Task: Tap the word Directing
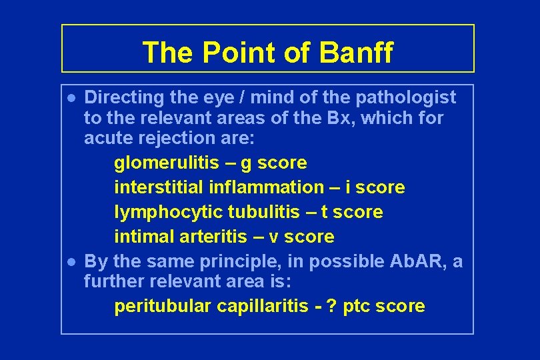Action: pyautogui.click(x=125, y=97)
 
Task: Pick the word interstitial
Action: pyautogui.click(x=159, y=187)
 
